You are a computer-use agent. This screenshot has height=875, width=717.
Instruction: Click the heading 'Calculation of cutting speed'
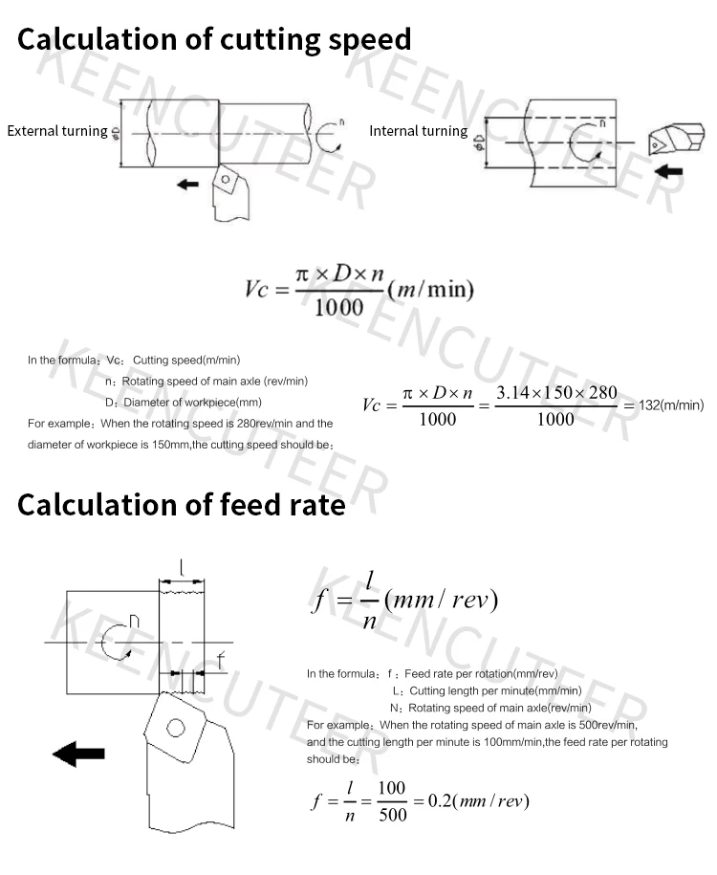tap(214, 39)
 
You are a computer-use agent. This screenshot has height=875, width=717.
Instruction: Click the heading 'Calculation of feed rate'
tap(181, 504)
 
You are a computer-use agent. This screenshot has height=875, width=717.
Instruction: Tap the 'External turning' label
tap(56, 131)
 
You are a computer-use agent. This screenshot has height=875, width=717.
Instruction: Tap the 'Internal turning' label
tap(418, 131)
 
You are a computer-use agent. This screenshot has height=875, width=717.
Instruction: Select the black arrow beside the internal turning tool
tap(672, 170)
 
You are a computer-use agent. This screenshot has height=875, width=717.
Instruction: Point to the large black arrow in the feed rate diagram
tap(78, 754)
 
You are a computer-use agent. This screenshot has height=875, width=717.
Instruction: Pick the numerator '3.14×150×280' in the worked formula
tap(556, 393)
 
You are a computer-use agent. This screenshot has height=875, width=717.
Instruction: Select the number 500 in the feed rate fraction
tap(392, 814)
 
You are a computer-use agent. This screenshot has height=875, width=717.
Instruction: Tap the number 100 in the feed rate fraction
tap(392, 788)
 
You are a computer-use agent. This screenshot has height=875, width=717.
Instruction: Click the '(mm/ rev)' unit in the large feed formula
tap(441, 600)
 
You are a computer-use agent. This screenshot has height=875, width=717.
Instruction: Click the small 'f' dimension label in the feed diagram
tap(220, 659)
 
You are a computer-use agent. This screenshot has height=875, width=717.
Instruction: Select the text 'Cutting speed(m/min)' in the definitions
tap(186, 360)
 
